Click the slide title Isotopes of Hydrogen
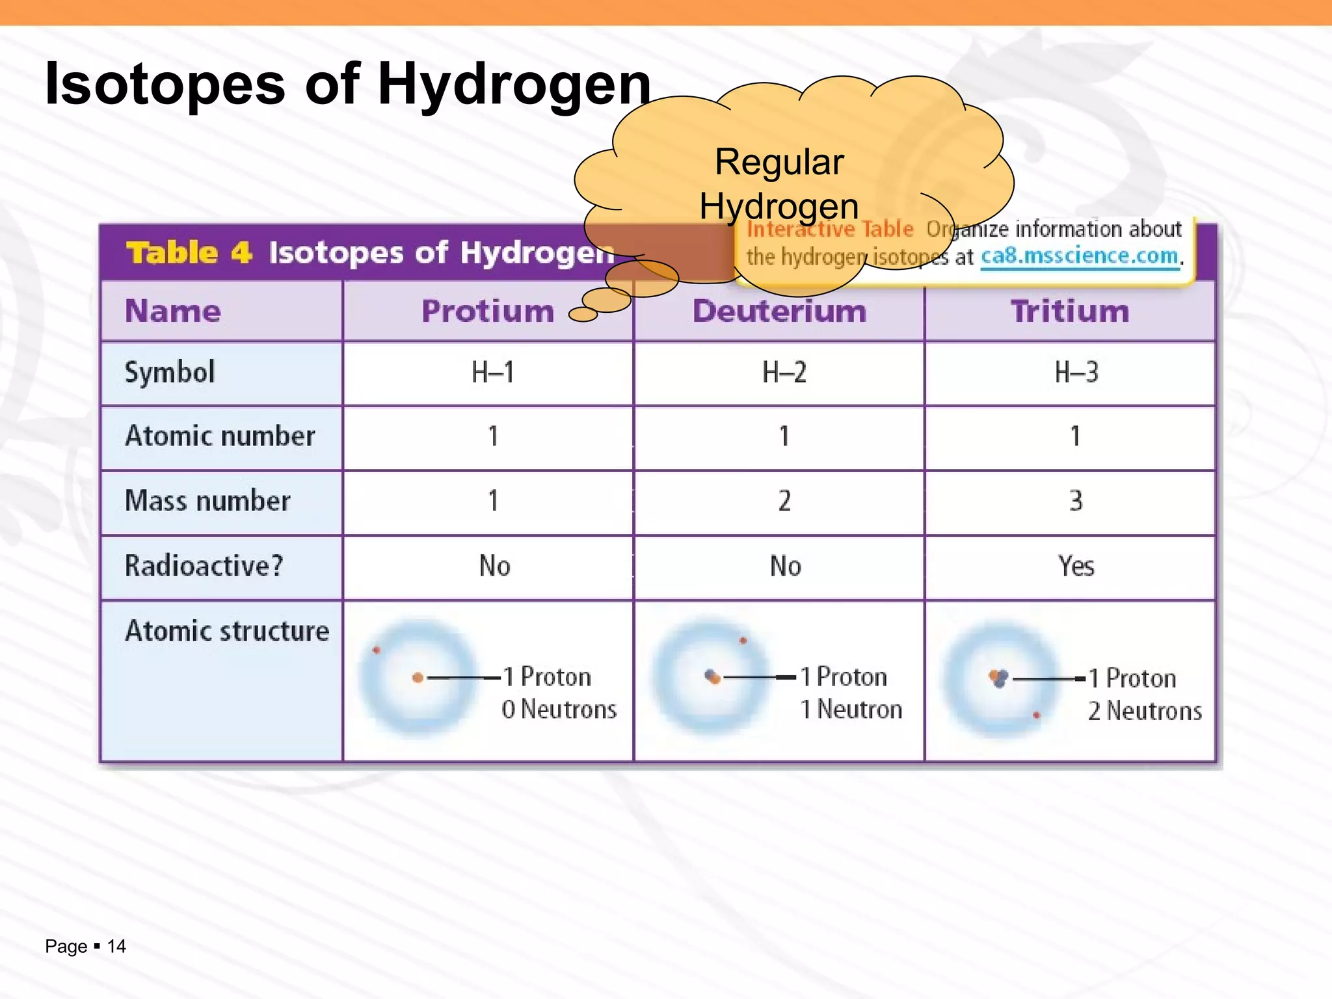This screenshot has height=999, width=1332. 348,85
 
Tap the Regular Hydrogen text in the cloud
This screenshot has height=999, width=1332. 779,183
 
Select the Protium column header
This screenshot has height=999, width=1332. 487,311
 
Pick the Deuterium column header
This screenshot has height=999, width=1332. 779,311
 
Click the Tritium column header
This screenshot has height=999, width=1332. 1070,311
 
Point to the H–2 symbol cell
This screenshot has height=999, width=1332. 784,373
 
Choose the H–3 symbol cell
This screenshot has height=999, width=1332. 1076,373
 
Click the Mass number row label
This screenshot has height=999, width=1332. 207,501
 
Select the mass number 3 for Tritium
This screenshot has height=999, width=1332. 1076,501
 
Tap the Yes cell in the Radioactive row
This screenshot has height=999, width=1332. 1076,566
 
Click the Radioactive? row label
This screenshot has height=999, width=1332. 204,566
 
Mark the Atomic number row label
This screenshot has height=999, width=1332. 220,436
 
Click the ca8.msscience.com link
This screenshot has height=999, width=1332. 1080,256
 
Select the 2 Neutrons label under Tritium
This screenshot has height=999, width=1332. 1145,711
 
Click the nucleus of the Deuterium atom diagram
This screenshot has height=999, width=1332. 713,678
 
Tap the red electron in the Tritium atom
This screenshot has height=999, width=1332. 1036,715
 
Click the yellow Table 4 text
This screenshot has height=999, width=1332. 189,252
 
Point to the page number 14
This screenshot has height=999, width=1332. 116,946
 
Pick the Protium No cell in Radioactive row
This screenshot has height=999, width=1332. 494,566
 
